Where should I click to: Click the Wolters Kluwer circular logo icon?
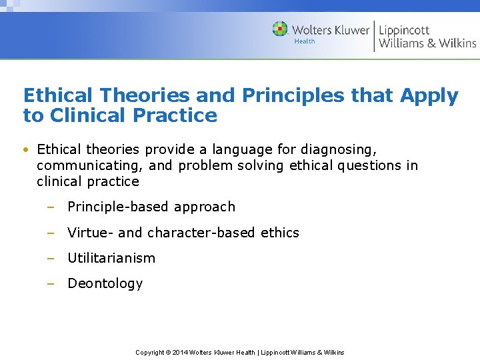point(280,29)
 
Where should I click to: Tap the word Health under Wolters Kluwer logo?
point(305,41)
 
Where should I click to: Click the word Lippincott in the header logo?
point(404,29)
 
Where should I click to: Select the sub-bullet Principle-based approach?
point(151,207)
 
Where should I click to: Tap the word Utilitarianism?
point(111,258)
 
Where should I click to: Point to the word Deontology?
point(105,283)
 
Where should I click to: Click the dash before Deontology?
point(50,283)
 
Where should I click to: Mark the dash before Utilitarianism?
point(50,258)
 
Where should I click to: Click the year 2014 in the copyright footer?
point(179,353)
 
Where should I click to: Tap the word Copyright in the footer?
point(150,353)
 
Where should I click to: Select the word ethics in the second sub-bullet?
point(280,233)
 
